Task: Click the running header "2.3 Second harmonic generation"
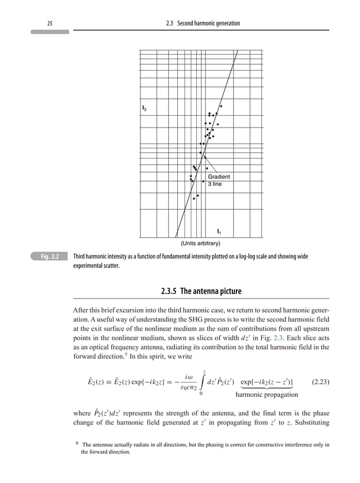click(200, 23)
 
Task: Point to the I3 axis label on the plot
click(145, 108)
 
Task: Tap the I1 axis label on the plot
click(219, 231)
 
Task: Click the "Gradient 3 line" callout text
click(219, 180)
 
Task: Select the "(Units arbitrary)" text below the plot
click(200, 244)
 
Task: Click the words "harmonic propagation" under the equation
click(266, 395)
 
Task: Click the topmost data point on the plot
click(221, 106)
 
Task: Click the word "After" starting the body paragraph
click(82, 311)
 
